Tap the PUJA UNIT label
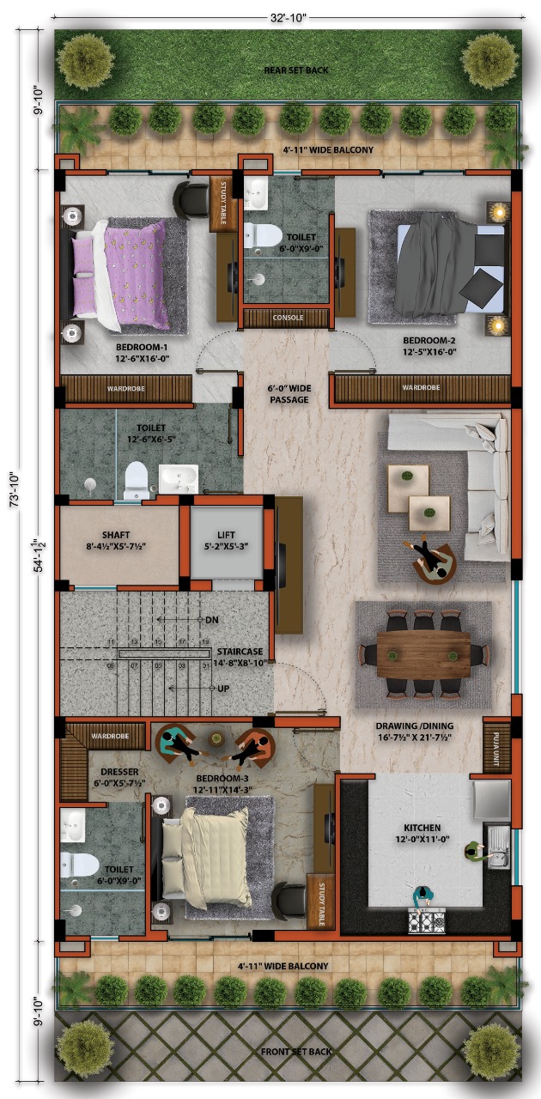pos(496,738)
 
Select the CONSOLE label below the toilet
pos(288,318)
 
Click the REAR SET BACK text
pos(296,70)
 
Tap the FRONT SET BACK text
pos(296,1051)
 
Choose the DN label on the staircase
pos(212,619)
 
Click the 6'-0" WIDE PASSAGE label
pos(288,394)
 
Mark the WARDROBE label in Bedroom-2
pos(421,387)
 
